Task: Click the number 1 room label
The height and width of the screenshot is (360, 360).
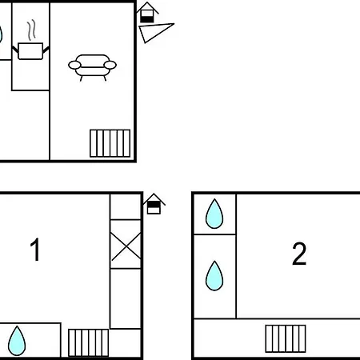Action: [x=35, y=250]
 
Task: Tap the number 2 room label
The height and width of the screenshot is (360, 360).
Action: [x=299, y=254]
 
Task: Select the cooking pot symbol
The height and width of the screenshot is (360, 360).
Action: [x=30, y=51]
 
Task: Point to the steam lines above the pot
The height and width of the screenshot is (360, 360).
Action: [x=31, y=30]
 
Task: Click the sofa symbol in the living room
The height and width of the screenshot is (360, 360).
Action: [x=92, y=67]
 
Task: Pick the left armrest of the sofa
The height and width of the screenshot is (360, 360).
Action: [x=74, y=65]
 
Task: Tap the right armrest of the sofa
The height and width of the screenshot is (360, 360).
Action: [x=110, y=65]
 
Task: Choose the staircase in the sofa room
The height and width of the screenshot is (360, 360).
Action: [x=110, y=143]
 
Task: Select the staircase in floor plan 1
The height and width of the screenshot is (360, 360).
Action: [x=89, y=342]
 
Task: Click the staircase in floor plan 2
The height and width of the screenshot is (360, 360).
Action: [x=286, y=338]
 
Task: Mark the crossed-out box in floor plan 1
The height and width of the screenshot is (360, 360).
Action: [x=126, y=244]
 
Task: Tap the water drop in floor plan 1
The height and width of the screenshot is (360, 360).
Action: [x=17, y=341]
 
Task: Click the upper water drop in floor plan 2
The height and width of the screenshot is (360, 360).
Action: [x=214, y=214]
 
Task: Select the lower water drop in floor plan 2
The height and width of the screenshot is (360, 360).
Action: [x=214, y=276]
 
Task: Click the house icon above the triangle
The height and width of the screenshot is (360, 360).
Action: [x=147, y=13]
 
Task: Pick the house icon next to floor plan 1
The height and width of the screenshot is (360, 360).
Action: [x=154, y=204]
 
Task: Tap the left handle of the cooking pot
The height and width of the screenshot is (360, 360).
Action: [x=15, y=50]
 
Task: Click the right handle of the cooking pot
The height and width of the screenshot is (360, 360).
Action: [x=46, y=50]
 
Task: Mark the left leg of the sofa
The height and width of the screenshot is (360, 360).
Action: [x=82, y=78]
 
